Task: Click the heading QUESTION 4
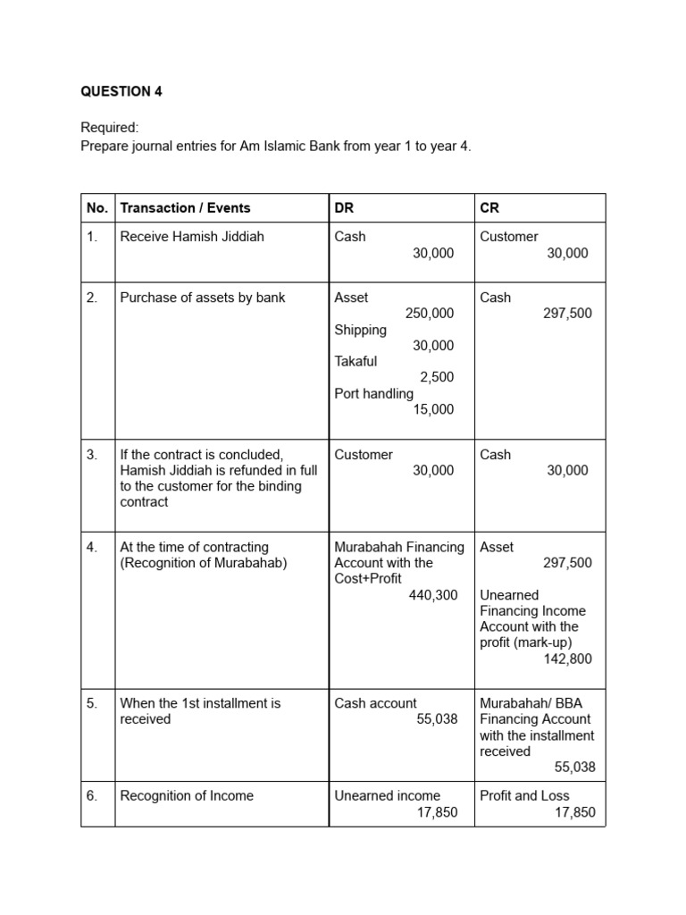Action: (121, 91)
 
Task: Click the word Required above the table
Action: (110, 129)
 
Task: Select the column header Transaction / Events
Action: (185, 208)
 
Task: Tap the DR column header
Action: (344, 208)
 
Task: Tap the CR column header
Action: (489, 208)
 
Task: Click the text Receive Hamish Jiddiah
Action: (192, 237)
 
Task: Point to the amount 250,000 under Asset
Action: (429, 314)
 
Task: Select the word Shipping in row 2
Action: (361, 330)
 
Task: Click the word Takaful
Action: (356, 362)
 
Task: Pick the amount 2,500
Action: (437, 378)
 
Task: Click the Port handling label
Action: (374, 394)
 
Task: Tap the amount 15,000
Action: (433, 410)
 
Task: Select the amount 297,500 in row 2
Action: (567, 314)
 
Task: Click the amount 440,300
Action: (432, 595)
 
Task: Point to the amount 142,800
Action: (567, 659)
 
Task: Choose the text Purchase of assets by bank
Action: (203, 298)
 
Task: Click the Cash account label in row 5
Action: (375, 703)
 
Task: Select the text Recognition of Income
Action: (187, 796)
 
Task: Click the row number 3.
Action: (92, 455)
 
